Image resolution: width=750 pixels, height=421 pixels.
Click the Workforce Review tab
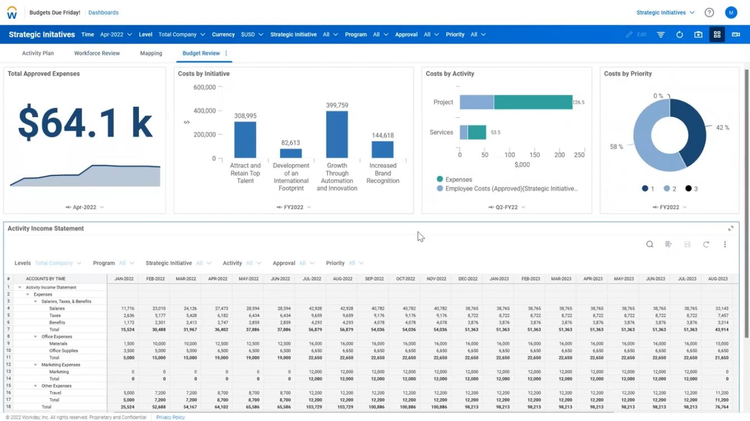97,53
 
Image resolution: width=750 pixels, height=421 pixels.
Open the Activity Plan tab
38,53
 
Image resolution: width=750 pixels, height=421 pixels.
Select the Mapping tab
151,53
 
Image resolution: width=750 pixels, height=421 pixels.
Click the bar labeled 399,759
337,135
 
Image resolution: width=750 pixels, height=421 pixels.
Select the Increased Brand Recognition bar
383,150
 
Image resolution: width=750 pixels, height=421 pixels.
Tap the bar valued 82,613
291,153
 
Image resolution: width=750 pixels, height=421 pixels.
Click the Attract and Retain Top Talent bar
245,140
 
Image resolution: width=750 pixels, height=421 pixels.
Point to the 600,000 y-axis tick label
204,87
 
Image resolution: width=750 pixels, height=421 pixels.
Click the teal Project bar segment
533,102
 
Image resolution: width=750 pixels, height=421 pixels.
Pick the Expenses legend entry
458,180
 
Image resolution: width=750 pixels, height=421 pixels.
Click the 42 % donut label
722,128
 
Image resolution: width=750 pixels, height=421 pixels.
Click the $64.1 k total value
85,122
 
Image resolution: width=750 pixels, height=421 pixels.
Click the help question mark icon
709,12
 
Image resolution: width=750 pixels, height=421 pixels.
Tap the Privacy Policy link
170,417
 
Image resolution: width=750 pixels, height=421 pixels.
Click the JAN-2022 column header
123,279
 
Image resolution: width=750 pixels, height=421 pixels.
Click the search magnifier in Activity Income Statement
649,244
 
